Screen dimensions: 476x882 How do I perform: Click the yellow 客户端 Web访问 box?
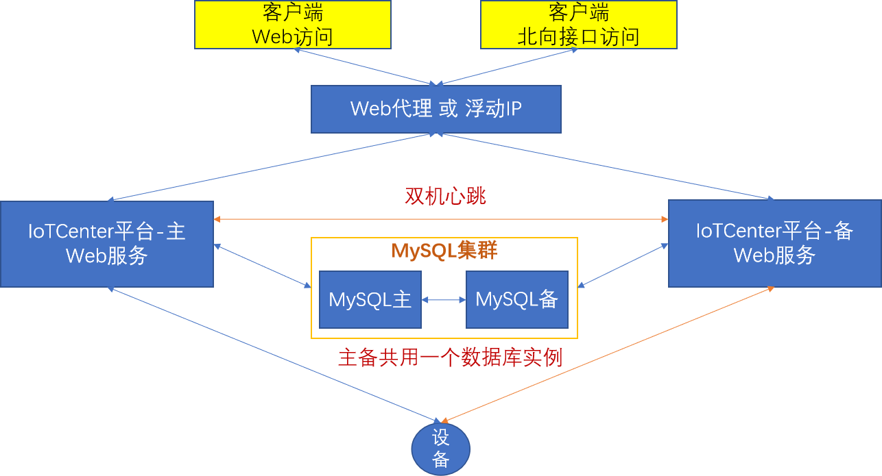(x=293, y=25)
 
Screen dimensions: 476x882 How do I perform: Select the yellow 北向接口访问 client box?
(x=578, y=25)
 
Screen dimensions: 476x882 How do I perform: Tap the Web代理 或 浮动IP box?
(x=436, y=109)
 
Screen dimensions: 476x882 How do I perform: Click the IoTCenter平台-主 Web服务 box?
(x=106, y=244)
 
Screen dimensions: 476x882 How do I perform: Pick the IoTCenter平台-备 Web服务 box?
(x=774, y=244)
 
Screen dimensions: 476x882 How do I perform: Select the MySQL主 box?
(x=370, y=299)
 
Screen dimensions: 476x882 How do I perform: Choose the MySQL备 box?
(x=516, y=299)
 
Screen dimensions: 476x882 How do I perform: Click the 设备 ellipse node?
(x=440, y=449)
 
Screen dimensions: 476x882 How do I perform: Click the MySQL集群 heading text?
(x=444, y=251)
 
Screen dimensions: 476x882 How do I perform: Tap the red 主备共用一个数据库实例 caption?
(x=450, y=358)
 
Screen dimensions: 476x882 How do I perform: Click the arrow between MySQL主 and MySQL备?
(x=443, y=299)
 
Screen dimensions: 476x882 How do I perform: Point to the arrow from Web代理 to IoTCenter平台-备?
(x=606, y=167)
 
